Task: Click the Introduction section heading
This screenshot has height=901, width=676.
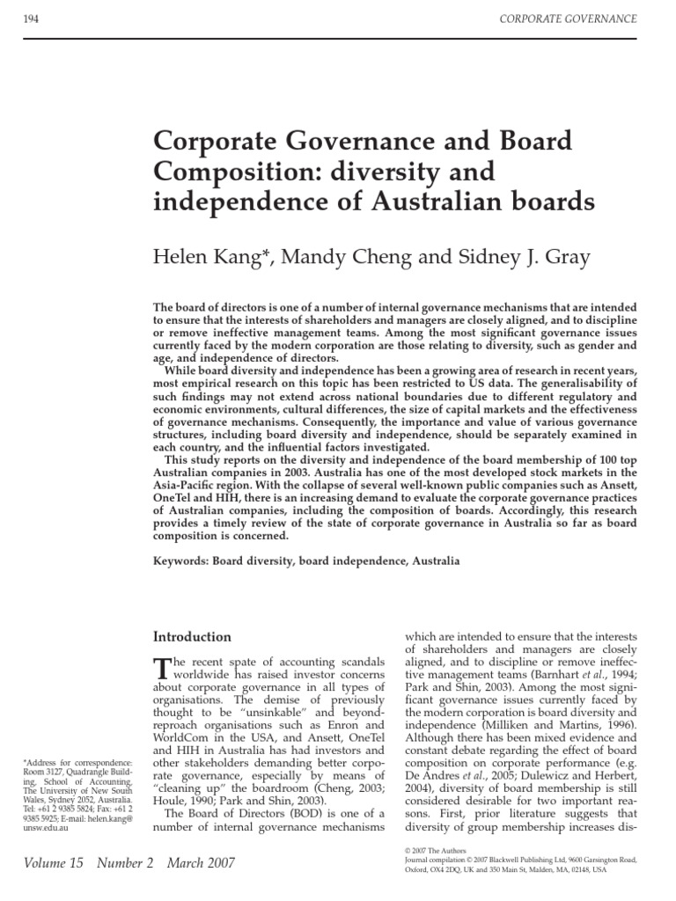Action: tap(193, 637)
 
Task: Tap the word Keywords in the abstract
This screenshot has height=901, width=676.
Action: tap(180, 560)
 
